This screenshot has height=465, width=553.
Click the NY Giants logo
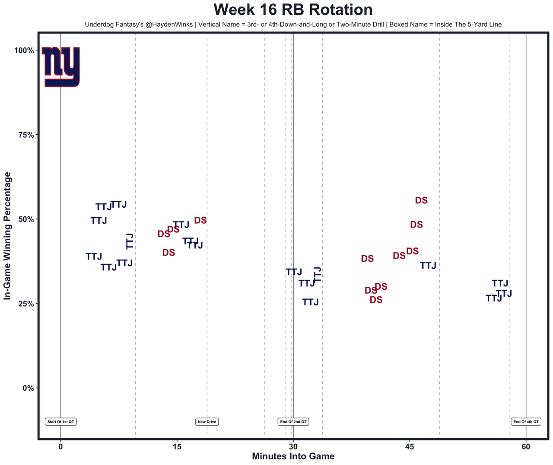[x=61, y=66]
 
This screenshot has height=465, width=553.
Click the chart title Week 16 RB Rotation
[x=293, y=10]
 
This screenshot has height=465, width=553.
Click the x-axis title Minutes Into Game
[x=293, y=456]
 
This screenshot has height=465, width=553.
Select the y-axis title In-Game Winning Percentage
[x=7, y=236]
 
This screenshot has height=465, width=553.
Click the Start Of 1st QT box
[x=61, y=422]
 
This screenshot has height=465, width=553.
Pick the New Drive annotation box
[x=207, y=422]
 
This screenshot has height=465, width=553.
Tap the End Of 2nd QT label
[x=293, y=422]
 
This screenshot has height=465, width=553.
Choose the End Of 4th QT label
[x=526, y=422]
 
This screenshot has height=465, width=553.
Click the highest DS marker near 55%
[x=421, y=200]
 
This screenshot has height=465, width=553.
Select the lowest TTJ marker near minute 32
[x=310, y=302]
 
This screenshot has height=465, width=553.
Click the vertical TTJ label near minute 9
[x=130, y=241]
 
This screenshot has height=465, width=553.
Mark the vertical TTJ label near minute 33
[x=317, y=274]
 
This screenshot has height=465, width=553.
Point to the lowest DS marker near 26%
[x=376, y=300]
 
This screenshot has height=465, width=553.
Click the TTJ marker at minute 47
[x=428, y=266]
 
